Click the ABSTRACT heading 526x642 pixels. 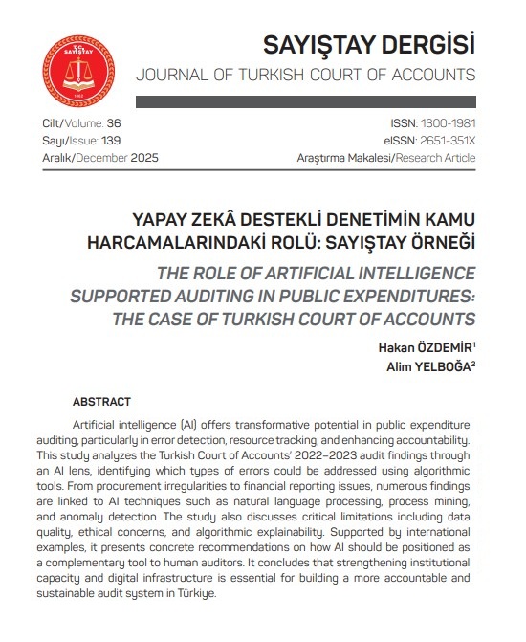click(x=101, y=402)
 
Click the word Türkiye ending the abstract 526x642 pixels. click(x=195, y=593)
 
